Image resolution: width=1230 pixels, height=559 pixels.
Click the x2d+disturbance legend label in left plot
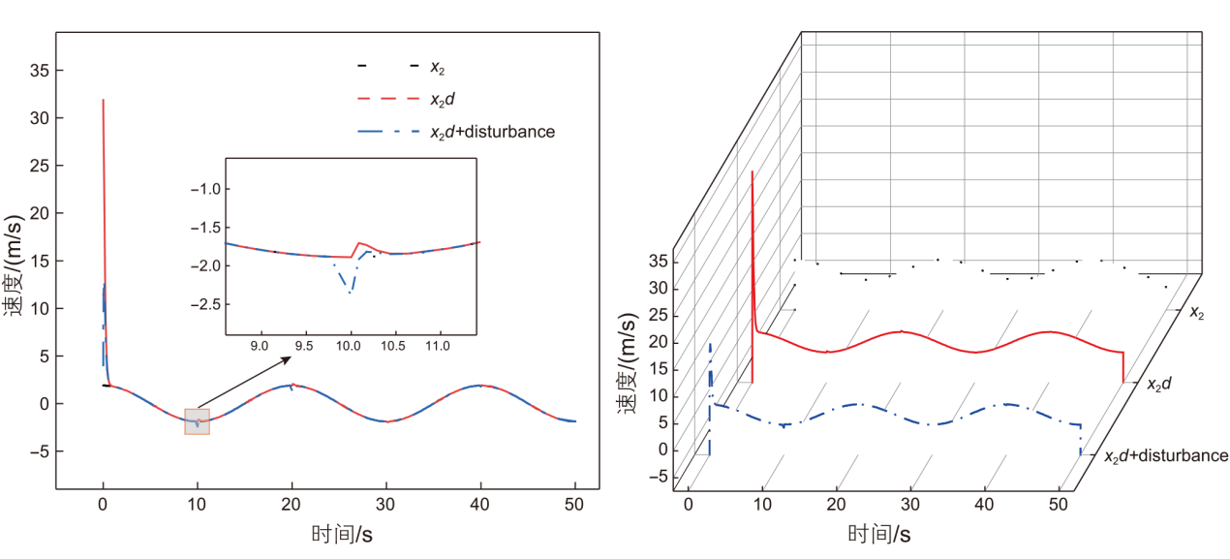coord(492,132)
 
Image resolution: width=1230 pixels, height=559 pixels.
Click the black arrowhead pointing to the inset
coord(287,359)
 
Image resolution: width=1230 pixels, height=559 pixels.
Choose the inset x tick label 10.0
coord(350,345)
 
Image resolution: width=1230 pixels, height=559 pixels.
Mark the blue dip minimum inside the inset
coord(350,292)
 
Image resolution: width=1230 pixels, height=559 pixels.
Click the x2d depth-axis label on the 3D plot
coord(1159,385)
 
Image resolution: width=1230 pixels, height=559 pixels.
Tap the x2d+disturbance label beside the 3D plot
coord(1166,455)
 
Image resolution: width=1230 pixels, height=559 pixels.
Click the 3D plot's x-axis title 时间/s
coord(879,534)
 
